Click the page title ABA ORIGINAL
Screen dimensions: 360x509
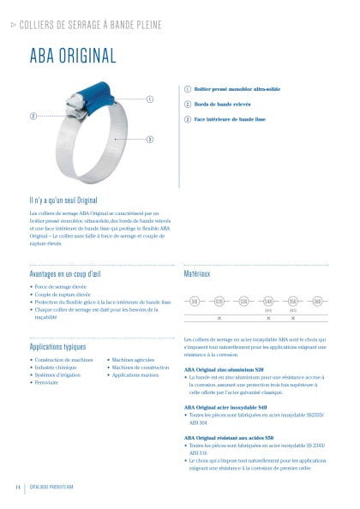[x=73, y=57]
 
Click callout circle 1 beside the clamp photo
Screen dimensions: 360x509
[x=150, y=99]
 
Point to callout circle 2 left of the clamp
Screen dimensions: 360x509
[x=33, y=116]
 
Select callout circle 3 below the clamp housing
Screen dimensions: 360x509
[x=150, y=139]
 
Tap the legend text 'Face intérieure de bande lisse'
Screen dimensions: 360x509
[x=224, y=118]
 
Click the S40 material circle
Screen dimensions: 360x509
[x=268, y=301]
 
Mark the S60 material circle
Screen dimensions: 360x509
[x=317, y=301]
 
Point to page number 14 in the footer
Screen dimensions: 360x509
[x=17, y=487]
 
